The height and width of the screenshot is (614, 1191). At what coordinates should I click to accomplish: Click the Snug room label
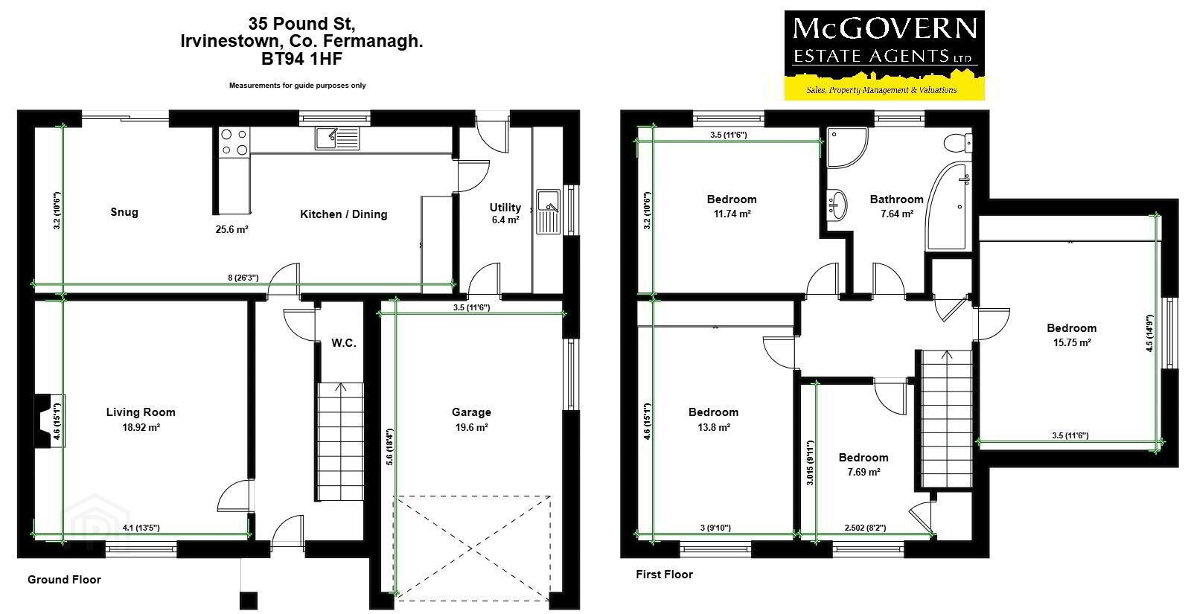[x=124, y=212]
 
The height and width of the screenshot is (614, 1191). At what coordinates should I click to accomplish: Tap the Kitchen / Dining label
[x=343, y=214]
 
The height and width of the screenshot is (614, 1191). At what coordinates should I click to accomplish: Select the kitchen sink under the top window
[x=337, y=138]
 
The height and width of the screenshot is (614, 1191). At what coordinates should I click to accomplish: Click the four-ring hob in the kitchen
[x=234, y=142]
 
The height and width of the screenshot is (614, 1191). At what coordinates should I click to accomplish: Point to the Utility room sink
[x=548, y=211]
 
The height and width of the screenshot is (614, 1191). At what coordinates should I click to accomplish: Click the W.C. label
[x=344, y=343]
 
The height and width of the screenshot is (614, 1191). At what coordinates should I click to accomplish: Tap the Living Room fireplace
[x=50, y=420]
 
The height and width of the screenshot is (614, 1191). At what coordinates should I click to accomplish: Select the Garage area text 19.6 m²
[x=472, y=427]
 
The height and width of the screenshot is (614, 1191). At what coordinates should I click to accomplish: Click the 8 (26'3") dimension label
[x=243, y=278]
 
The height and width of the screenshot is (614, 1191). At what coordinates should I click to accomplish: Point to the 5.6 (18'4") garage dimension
[x=390, y=447]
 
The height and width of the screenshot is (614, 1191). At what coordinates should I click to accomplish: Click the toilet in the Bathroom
[x=958, y=142]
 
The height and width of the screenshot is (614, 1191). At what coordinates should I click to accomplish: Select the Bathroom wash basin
[x=837, y=205]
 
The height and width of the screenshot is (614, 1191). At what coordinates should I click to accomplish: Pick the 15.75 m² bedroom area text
[x=1072, y=342]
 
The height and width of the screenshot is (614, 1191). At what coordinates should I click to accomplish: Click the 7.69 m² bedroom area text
[x=863, y=472]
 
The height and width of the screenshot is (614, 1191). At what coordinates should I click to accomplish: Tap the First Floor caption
[x=664, y=574]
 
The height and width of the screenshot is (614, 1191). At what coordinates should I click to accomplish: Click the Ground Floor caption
[x=64, y=580]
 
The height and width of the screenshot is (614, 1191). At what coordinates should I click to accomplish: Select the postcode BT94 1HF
[x=301, y=59]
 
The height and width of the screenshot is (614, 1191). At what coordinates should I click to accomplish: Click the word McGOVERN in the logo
[x=885, y=28]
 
